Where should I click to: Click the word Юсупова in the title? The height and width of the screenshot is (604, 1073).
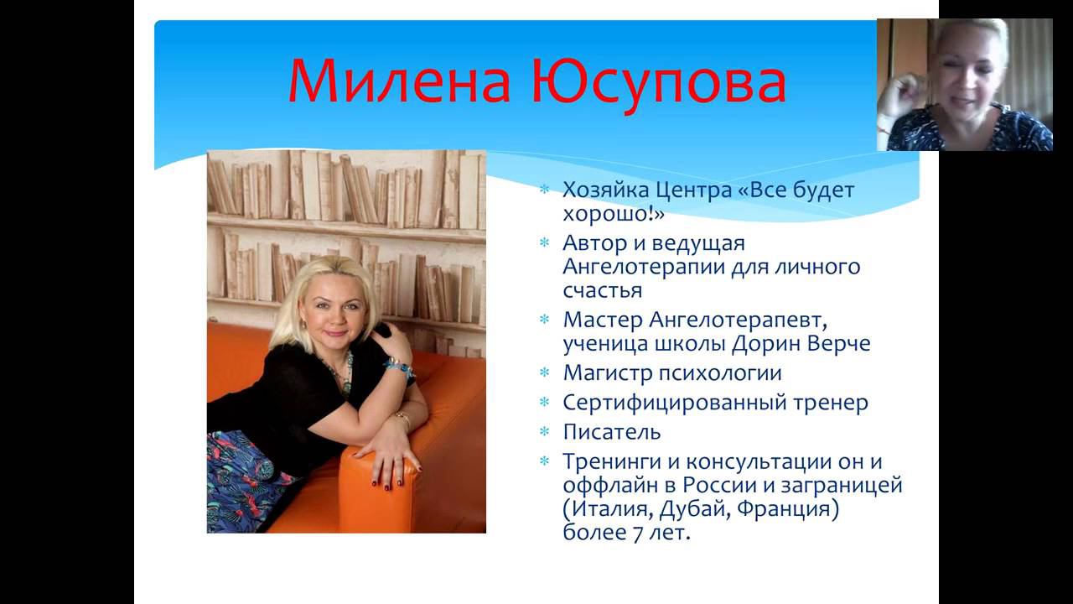click(661, 81)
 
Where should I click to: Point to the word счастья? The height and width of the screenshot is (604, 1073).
click(603, 290)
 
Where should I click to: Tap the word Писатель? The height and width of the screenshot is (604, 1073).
click(612, 432)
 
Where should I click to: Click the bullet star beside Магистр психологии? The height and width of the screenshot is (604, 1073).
click(545, 372)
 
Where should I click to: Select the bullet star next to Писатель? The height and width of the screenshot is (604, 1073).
click(545, 433)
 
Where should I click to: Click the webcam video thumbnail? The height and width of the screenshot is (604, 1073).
click(964, 84)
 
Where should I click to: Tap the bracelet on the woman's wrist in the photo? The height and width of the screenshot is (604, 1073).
click(398, 366)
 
